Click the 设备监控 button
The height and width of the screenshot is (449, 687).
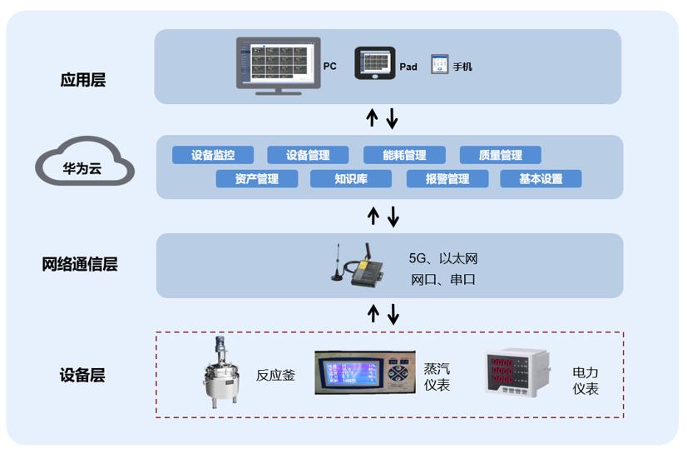[x=213, y=155]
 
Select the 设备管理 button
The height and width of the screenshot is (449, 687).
[x=308, y=155]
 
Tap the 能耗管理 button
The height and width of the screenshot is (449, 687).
[x=404, y=155]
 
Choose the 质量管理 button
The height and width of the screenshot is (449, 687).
[x=501, y=155]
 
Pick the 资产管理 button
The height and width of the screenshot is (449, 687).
[x=256, y=178]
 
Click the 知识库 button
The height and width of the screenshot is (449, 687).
[x=351, y=178]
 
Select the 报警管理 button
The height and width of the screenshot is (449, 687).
[x=447, y=178]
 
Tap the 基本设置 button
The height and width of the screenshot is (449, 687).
[x=541, y=178]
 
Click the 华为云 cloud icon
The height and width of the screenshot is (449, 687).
[x=84, y=162]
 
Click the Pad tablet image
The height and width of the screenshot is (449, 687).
[x=375, y=62]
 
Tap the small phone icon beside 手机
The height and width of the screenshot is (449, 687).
[x=439, y=64]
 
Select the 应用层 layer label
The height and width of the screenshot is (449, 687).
[x=83, y=81]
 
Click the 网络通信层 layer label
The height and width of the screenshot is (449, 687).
[x=80, y=265]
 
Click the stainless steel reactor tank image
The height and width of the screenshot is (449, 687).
[x=220, y=372]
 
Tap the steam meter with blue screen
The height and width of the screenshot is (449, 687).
[x=364, y=372]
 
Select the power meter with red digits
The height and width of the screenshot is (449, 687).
[x=516, y=372]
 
